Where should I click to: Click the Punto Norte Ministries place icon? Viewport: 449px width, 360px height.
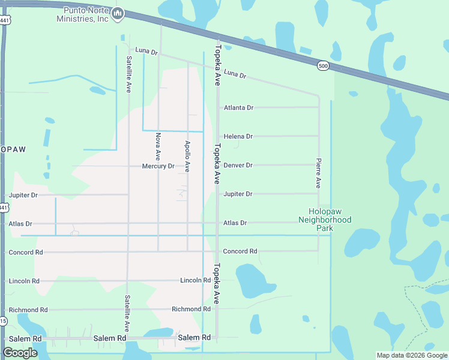click(x=118, y=13)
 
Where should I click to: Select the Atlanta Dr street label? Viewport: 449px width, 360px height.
click(x=238, y=108)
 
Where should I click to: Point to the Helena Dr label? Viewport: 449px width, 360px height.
click(x=238, y=137)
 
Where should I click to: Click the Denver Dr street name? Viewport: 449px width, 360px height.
click(x=238, y=165)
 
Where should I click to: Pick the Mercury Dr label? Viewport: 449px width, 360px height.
click(x=158, y=166)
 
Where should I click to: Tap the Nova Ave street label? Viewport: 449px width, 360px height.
click(x=158, y=145)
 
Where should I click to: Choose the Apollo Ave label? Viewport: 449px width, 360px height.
click(x=188, y=157)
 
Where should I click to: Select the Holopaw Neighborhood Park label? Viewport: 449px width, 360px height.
click(x=325, y=216)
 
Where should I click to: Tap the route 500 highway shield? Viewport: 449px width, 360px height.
click(x=324, y=67)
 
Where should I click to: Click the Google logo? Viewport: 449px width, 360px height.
click(x=20, y=353)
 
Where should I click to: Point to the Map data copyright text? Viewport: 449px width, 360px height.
click(x=411, y=355)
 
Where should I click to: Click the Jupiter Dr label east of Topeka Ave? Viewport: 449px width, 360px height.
click(x=238, y=194)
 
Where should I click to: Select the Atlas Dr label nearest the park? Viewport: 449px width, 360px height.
click(x=235, y=223)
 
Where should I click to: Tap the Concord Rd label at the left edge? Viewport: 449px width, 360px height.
click(x=26, y=253)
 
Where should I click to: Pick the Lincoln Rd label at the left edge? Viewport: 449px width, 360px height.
click(x=24, y=281)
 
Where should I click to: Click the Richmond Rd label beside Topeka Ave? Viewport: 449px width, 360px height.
click(x=191, y=310)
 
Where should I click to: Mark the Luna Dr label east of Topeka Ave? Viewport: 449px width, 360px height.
click(x=235, y=74)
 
